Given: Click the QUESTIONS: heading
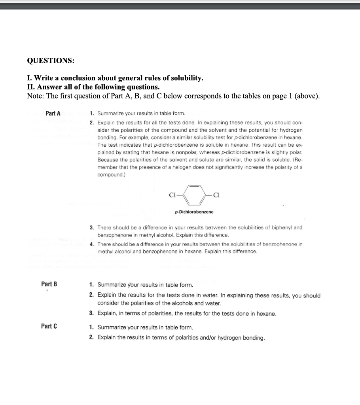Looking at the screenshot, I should [50, 61].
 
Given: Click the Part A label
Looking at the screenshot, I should [53, 114].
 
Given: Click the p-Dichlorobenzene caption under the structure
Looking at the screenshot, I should [194, 212].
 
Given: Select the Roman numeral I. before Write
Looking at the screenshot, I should [29, 78].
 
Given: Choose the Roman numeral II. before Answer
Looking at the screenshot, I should [31, 87].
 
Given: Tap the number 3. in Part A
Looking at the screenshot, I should [92, 227].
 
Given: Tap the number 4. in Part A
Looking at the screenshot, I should [92, 244].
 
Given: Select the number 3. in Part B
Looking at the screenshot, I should [91, 314].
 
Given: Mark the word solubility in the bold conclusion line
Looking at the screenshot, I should [186, 78].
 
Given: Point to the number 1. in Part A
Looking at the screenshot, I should [92, 114].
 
